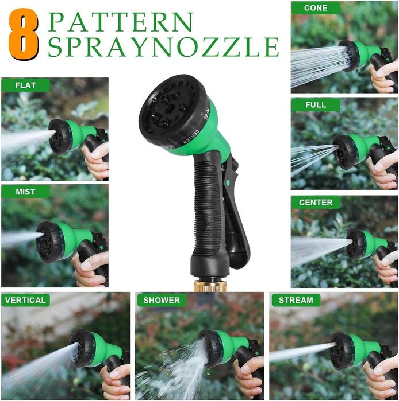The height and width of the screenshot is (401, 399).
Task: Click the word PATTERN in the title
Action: (120, 22)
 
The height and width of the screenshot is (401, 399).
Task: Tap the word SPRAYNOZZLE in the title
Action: (163, 46)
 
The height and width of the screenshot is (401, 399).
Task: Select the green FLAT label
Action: (25, 85)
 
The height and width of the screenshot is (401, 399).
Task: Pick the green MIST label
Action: (25, 192)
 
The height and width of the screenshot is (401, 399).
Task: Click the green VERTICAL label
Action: (25, 300)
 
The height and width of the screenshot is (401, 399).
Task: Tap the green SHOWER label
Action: (162, 300)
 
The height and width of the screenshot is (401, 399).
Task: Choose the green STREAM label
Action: (296, 300)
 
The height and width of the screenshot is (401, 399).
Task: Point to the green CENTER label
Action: (316, 203)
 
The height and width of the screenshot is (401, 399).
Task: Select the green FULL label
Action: (316, 105)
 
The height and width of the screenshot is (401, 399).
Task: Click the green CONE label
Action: (316, 8)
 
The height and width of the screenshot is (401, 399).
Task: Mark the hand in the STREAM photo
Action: (380, 379)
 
